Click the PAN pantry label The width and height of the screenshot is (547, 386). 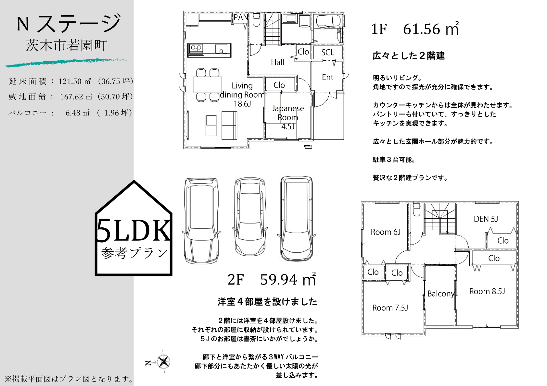(x=241, y=18)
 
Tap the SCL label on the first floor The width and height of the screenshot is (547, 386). (x=327, y=53)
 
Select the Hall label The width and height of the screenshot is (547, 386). (x=277, y=62)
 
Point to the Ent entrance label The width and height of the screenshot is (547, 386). (x=327, y=77)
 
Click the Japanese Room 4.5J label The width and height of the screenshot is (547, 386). (x=288, y=117)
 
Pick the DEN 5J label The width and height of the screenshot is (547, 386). (x=486, y=219)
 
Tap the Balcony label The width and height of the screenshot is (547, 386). (x=441, y=294)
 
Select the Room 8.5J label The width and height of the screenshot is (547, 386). (x=487, y=291)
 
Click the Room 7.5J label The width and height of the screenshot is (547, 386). (x=390, y=308)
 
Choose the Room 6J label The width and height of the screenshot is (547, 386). (x=386, y=232)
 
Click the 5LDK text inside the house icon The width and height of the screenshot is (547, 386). (x=133, y=230)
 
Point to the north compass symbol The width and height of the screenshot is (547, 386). (x=163, y=361)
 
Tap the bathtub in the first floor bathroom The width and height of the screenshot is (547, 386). (x=328, y=21)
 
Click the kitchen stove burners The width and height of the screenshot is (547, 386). (x=196, y=48)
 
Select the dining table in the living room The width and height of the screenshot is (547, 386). (x=208, y=85)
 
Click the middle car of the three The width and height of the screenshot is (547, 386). (x=250, y=217)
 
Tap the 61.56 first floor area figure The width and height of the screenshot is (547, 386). (x=421, y=29)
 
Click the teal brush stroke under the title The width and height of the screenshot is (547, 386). (x=68, y=62)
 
